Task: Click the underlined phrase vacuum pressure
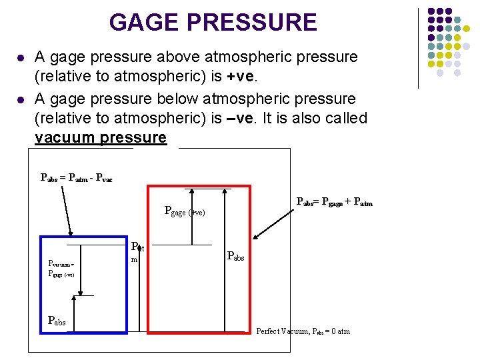(101, 138)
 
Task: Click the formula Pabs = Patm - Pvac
(77, 177)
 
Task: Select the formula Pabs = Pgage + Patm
(334, 202)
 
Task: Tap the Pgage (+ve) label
(184, 212)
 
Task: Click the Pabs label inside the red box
(236, 255)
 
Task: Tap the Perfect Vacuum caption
(303, 331)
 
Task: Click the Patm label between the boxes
(136, 251)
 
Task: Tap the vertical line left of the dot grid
(418, 48)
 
